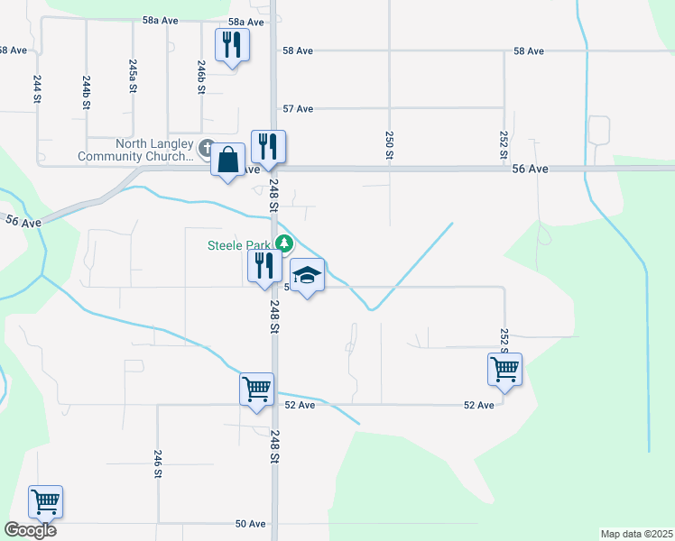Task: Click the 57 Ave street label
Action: click(x=298, y=109)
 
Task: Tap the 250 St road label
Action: click(x=389, y=145)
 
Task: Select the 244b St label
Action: click(x=87, y=92)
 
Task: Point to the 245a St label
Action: click(x=134, y=77)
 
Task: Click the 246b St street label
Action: click(x=202, y=77)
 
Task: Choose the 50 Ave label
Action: click(x=251, y=524)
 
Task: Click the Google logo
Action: click(x=30, y=530)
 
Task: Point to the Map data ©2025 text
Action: click(x=637, y=534)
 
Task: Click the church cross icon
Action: click(x=206, y=147)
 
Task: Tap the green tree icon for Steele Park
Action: click(x=284, y=243)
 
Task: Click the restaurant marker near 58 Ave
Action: click(x=232, y=44)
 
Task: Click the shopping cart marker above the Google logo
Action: click(x=45, y=501)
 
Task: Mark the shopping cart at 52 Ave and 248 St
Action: click(x=256, y=390)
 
